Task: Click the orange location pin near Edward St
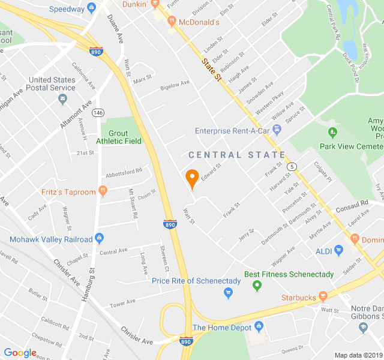192,178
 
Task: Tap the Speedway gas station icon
91,8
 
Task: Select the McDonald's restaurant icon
172,22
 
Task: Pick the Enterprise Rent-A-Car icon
277,130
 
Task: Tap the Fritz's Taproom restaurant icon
103,191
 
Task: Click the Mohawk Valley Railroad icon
98,239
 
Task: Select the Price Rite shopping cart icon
228,293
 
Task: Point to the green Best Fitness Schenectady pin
257,286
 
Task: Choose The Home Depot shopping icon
259,327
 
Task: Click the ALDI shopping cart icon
338,250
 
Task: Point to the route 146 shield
98,113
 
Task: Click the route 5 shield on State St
292,166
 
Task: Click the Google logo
20,352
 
